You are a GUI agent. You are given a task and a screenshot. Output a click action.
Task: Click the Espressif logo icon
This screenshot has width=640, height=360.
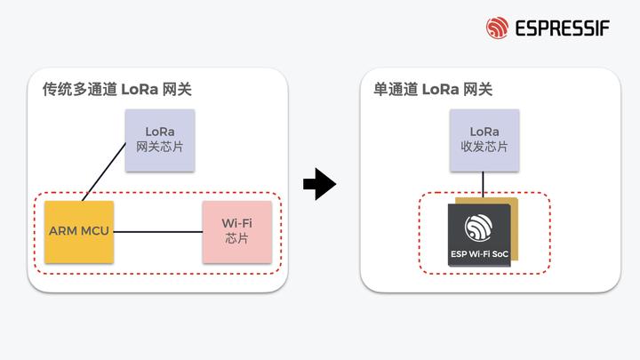[497, 28]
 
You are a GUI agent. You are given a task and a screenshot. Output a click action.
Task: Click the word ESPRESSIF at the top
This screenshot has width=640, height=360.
[562, 28]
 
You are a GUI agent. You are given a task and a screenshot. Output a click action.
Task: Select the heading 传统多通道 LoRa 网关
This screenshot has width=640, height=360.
[116, 89]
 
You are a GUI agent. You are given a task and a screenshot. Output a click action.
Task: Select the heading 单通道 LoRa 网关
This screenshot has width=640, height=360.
[433, 89]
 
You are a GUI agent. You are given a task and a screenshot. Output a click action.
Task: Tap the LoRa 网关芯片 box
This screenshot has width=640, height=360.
[159, 138]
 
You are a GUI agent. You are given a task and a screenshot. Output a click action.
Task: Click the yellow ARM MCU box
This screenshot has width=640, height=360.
[79, 231]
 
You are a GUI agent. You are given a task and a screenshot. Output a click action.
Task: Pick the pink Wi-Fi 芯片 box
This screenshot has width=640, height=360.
[236, 231]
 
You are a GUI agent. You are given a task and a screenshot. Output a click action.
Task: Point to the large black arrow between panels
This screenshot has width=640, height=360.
[319, 185]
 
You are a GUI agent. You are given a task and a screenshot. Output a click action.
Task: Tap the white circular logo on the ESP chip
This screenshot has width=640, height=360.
[480, 227]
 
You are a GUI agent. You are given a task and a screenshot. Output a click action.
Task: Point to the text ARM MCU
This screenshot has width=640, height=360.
[79, 231]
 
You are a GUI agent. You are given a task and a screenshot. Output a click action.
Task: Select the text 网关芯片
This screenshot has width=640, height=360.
[159, 147]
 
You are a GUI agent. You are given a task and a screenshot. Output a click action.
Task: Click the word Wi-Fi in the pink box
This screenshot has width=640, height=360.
[236, 223]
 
